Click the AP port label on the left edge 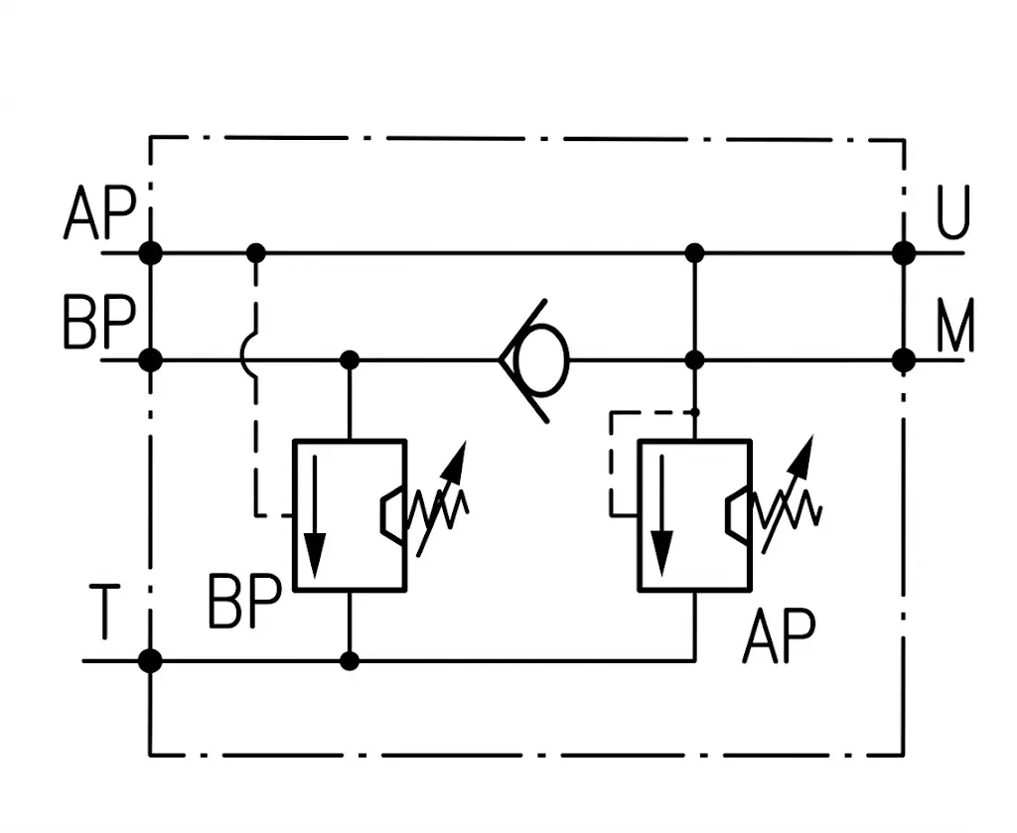click(x=100, y=212)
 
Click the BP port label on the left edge click(x=100, y=323)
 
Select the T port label click(x=104, y=612)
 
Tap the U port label click(x=952, y=211)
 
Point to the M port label click(x=954, y=324)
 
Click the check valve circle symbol click(x=541, y=359)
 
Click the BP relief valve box click(x=351, y=515)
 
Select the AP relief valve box click(x=694, y=515)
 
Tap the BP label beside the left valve click(x=245, y=601)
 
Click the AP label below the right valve click(x=779, y=635)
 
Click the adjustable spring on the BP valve click(x=438, y=499)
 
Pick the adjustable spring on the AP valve click(x=787, y=495)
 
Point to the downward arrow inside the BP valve click(x=315, y=516)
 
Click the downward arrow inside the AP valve click(x=661, y=515)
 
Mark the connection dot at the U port click(x=904, y=253)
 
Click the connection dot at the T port click(x=151, y=661)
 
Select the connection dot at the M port click(x=904, y=359)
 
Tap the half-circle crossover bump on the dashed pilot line click(x=247, y=354)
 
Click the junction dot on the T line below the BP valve click(x=350, y=661)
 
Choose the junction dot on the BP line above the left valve click(x=350, y=359)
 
